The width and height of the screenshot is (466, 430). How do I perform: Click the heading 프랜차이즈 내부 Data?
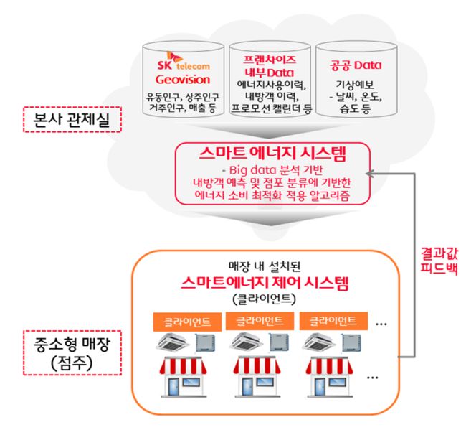point(261,62)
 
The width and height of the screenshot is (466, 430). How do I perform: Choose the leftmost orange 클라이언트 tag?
point(183,320)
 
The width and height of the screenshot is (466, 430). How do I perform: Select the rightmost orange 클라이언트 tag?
point(329,320)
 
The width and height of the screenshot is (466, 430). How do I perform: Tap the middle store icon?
point(257,376)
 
